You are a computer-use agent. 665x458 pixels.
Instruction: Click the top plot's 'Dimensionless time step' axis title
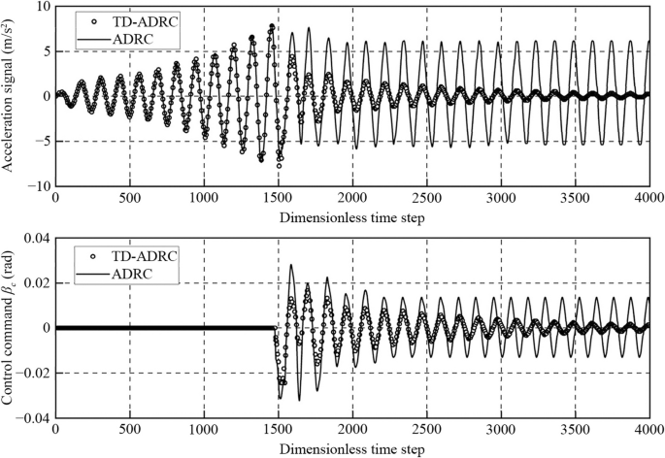click(351, 217)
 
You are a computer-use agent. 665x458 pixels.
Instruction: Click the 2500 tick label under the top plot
click(426, 200)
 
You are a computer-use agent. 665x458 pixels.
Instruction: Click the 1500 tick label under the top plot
click(278, 200)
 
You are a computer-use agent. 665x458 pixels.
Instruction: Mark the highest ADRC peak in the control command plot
click(291, 264)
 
